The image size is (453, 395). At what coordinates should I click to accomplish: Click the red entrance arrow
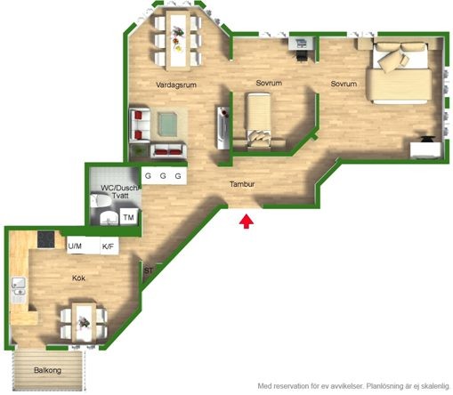tap(247, 222)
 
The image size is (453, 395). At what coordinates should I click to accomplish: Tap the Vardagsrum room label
tap(176, 85)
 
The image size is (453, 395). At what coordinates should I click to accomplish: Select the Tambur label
tap(242, 184)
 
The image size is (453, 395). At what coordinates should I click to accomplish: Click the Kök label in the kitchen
tap(78, 278)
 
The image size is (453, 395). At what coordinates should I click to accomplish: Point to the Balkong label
tap(47, 370)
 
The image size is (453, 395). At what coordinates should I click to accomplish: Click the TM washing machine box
tap(128, 217)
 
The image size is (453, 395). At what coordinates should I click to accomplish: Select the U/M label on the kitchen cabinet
tap(75, 246)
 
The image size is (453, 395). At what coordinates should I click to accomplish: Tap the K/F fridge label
tap(108, 246)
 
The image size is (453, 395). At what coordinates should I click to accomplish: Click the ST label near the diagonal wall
tap(149, 270)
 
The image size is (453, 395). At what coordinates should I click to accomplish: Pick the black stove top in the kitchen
tap(46, 239)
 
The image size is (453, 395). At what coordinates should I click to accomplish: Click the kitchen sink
tap(19, 287)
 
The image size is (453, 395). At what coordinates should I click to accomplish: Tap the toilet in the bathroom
tap(101, 201)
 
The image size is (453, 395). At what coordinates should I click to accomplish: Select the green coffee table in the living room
tap(167, 125)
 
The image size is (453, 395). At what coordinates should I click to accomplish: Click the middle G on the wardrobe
tap(163, 176)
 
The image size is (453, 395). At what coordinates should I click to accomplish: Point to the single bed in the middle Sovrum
tap(259, 120)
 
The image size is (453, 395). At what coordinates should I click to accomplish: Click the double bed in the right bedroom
tap(399, 73)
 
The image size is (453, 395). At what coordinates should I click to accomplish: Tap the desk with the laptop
tap(301, 44)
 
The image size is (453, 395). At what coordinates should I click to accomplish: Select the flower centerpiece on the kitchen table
tap(84, 322)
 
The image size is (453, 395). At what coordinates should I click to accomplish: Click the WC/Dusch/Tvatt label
tap(120, 191)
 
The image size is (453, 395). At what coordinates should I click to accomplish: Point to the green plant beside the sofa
tap(139, 151)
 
